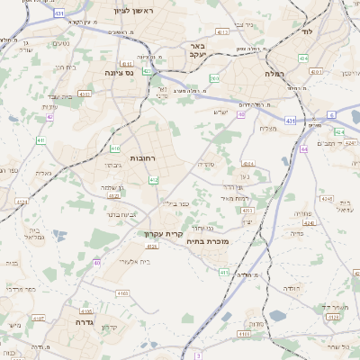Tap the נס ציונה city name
click(x=119, y=72)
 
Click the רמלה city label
click(x=274, y=72)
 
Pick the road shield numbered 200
click(x=214, y=79)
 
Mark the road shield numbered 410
click(x=115, y=148)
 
